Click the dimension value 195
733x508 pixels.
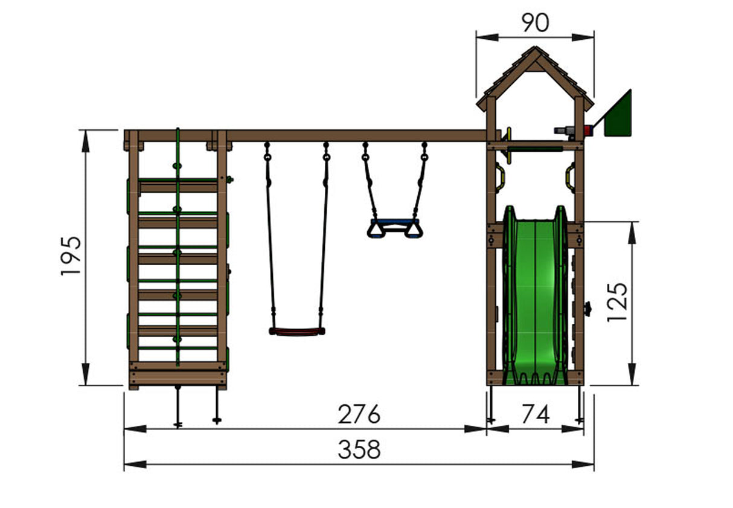(71, 256)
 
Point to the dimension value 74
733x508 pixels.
(535, 415)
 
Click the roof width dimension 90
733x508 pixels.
(534, 23)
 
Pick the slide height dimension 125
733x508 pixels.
(618, 301)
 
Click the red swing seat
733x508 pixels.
(296, 331)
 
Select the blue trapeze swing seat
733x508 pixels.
(395, 228)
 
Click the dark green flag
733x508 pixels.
(617, 114)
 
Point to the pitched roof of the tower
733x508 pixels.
(534, 76)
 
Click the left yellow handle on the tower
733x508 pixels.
(500, 176)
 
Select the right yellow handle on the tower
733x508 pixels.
(570, 176)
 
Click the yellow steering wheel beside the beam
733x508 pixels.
(508, 145)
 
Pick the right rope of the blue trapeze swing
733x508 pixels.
(420, 181)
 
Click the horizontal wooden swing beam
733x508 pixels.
(356, 136)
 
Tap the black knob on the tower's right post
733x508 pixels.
(587, 309)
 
